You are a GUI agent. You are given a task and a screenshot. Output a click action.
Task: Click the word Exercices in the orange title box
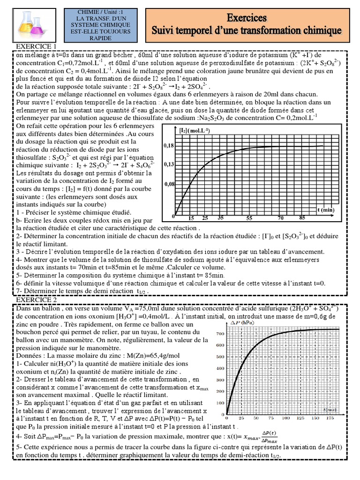pos(247,18)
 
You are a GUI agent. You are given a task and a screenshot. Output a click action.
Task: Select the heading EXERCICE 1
pos(37,46)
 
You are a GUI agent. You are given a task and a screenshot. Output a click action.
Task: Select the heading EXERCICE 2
pos(37,300)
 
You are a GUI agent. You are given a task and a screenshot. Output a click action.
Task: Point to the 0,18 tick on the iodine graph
pos(168,146)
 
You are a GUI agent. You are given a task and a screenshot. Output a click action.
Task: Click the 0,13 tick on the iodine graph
pos(168,165)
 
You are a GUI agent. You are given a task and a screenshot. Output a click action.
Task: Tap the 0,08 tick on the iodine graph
pos(168,184)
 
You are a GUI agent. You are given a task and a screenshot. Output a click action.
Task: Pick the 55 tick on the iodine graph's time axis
pos(249,218)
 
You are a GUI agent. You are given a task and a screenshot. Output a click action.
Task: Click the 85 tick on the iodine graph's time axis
pos(302,218)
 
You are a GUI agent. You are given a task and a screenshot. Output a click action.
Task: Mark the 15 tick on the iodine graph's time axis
pos(191,218)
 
